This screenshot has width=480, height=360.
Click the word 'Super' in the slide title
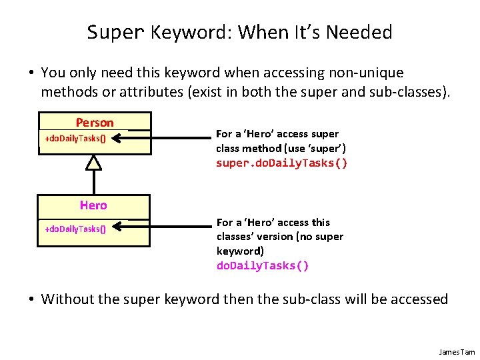coord(115,32)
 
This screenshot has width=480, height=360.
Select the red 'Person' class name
coord(95,122)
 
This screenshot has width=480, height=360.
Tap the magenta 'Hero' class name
coord(93,205)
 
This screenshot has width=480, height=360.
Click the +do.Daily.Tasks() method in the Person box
coord(75,139)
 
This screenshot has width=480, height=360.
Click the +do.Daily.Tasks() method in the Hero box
coord(75,229)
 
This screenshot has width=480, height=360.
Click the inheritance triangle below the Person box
coord(94,162)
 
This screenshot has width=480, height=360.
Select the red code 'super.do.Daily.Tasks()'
coord(281,163)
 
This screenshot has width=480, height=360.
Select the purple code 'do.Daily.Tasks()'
coord(263,265)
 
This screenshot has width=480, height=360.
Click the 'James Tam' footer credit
coord(457,351)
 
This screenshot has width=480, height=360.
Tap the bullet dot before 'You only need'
coord(31,73)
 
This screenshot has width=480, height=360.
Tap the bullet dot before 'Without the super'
coord(31,299)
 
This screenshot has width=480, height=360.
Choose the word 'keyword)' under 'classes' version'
coord(240,251)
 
